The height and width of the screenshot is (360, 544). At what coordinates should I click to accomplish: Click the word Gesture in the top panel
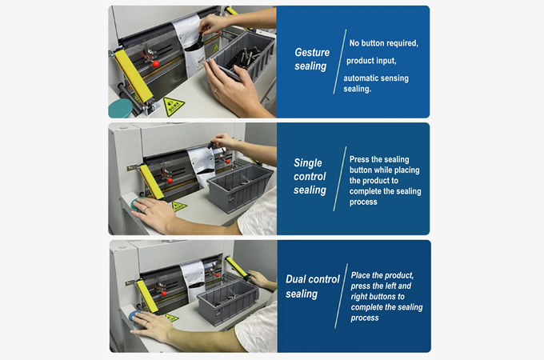click(312, 52)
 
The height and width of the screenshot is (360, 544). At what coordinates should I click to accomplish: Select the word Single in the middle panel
click(308, 163)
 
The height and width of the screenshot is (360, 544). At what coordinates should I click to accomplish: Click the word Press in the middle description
click(359, 159)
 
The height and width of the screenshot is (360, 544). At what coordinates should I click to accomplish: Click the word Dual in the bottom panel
click(294, 279)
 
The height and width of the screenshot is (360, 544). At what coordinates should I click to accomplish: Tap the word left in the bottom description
click(390, 286)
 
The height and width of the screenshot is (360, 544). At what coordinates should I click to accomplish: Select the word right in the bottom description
click(359, 297)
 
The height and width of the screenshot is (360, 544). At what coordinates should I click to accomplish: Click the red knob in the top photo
click(156, 64)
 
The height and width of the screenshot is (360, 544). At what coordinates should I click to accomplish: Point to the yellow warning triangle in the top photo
click(174, 106)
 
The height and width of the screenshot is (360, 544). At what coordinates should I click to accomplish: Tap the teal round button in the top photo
click(120, 108)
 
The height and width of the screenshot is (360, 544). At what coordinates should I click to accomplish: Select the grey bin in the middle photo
click(239, 188)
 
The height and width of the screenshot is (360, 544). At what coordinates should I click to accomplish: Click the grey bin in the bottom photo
click(228, 301)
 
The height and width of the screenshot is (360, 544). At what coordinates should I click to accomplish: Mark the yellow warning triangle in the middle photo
click(179, 206)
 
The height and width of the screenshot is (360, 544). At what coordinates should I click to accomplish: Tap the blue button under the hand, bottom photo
click(134, 316)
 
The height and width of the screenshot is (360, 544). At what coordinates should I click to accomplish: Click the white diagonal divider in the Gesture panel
click(340, 62)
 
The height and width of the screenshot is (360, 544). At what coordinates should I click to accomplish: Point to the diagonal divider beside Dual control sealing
click(341, 296)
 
